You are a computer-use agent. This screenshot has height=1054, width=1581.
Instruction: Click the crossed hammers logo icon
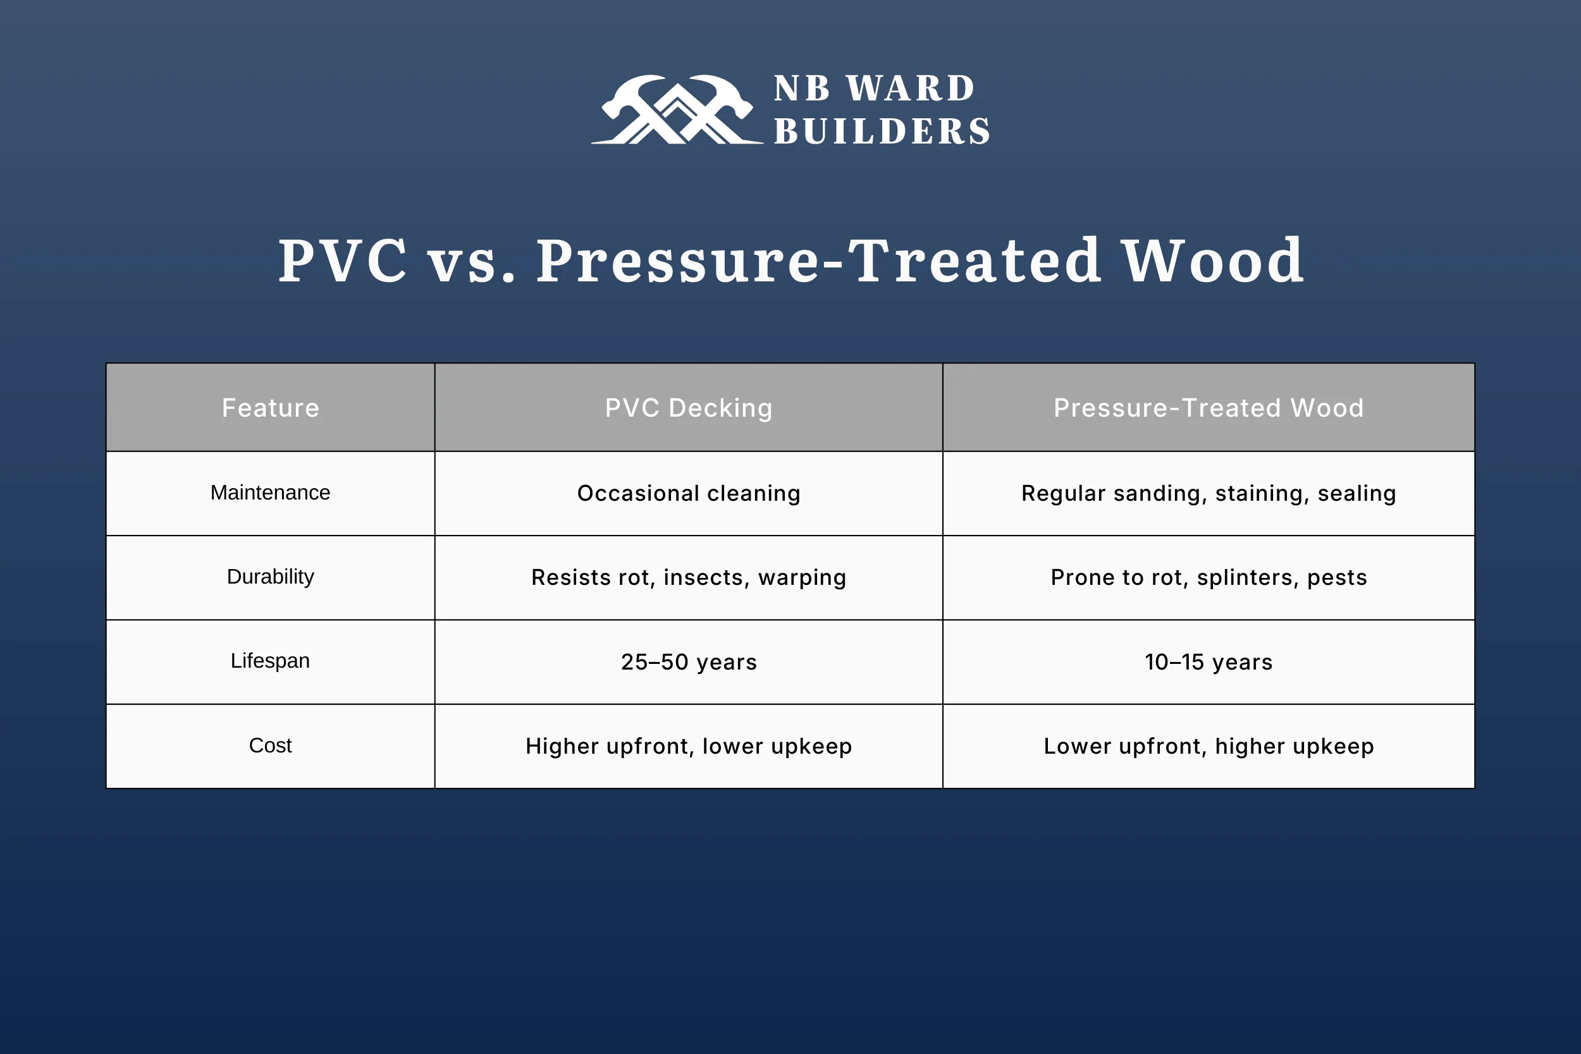pyautogui.click(x=677, y=109)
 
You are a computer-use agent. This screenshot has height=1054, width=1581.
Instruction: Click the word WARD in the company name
pyautogui.click(x=910, y=89)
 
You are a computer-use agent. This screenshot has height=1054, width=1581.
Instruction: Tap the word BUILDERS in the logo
pyautogui.click(x=882, y=131)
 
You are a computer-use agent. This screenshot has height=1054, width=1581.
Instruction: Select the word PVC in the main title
pyautogui.click(x=343, y=260)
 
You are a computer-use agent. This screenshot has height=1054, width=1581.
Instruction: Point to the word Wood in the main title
pyautogui.click(x=1214, y=260)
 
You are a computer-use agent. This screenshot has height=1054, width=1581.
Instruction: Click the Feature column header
pyautogui.click(x=270, y=408)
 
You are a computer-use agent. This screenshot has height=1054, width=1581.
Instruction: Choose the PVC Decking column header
pyautogui.click(x=688, y=408)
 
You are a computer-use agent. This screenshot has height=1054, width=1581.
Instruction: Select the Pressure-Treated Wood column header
pyautogui.click(x=1208, y=408)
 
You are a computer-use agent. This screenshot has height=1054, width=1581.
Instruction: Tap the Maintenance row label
pyautogui.click(x=270, y=493)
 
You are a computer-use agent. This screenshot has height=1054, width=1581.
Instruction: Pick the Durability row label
pyautogui.click(x=270, y=577)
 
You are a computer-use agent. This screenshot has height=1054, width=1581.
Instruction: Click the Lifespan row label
pyautogui.click(x=270, y=661)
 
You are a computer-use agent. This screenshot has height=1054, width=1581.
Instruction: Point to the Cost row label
pyautogui.click(x=270, y=745)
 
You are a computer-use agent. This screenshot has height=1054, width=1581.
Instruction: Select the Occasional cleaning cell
pyautogui.click(x=688, y=493)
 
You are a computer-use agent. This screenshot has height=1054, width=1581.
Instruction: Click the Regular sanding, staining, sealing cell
pyautogui.click(x=1208, y=493)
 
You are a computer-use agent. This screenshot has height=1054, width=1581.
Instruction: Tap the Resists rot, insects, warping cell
pyautogui.click(x=688, y=577)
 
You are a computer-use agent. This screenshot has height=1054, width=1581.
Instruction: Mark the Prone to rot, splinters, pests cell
pyautogui.click(x=1208, y=577)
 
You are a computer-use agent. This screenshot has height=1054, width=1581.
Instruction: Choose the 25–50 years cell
pyautogui.click(x=688, y=662)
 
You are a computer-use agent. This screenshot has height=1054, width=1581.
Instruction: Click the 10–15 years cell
pyautogui.click(x=1208, y=662)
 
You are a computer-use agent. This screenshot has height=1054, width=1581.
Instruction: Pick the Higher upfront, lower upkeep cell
pyautogui.click(x=688, y=746)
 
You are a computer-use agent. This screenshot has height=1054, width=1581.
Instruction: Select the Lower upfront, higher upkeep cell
pyautogui.click(x=1208, y=746)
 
